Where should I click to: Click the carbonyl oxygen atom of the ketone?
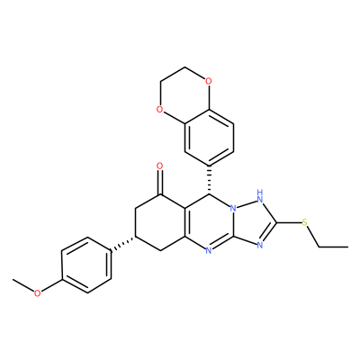tap(160, 166)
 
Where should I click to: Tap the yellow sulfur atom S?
tap(305, 222)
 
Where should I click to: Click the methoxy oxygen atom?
tap(37, 293)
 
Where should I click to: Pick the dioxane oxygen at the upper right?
tap(209, 81)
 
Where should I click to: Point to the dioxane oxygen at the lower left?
tap(160, 109)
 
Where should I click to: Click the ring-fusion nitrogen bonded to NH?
tap(234, 209)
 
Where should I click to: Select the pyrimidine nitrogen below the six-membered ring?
tap(209, 251)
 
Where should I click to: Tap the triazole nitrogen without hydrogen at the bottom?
tap(260, 246)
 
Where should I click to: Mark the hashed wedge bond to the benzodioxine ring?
tap(209, 180)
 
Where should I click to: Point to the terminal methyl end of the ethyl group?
tap(348, 247)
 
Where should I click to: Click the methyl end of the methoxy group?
tap(13, 279)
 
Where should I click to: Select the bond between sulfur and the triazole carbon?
tap(289, 223)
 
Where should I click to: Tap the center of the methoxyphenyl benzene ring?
tap(86, 265)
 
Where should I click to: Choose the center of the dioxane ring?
tap(184, 95)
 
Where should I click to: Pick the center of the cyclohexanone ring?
tap(160, 223)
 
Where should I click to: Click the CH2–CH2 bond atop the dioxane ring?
tap(173, 74)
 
